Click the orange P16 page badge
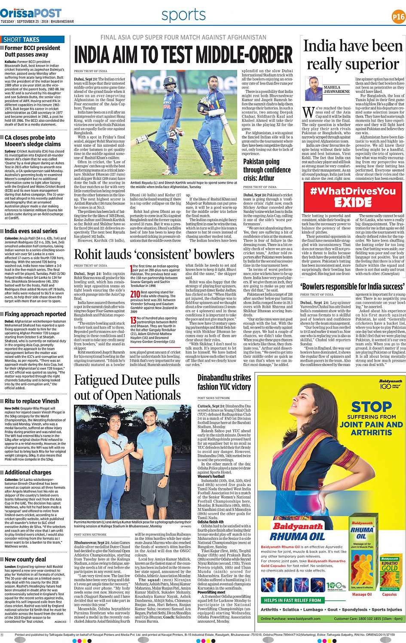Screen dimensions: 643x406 coord(398,17)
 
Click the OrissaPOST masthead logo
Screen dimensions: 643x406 coord(31,13)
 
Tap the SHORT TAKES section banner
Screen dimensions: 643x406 coord(21,40)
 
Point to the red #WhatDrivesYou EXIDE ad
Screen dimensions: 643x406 coord(353,197)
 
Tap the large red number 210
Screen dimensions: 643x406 coord(135,295)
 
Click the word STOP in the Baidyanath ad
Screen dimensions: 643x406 coord(371,406)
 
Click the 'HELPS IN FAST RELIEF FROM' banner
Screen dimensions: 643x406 coord(293,600)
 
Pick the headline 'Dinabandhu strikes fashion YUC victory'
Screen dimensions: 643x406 coord(224,382)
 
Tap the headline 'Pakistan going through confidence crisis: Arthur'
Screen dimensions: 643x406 coord(267,169)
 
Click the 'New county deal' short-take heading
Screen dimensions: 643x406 coord(25,560)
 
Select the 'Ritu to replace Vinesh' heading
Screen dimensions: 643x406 coord(32,401)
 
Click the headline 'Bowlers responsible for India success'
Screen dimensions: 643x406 coord(352,286)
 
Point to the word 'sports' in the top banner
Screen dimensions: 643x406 coord(183,15)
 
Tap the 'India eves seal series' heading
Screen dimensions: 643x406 coord(31,231)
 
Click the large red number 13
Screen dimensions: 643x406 coord(133,320)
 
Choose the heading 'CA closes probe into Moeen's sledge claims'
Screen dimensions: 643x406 coord(33,141)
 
